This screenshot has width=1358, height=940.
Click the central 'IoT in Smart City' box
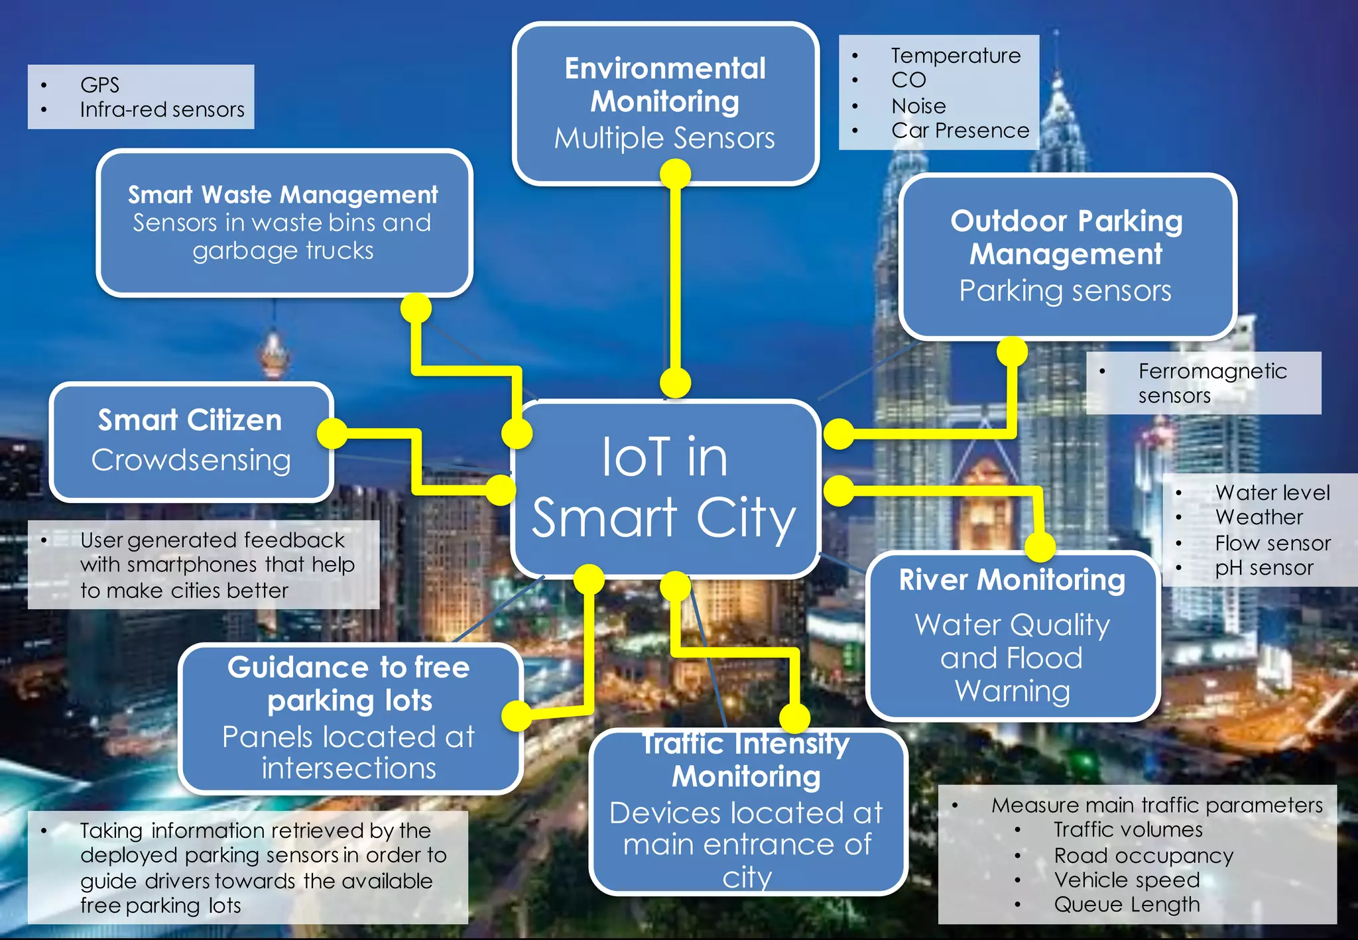[x=665, y=488]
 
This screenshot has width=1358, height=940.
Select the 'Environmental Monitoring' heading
[x=665, y=85]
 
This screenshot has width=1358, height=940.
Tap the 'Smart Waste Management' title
[x=283, y=195]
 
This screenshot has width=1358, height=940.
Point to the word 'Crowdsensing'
[x=191, y=460]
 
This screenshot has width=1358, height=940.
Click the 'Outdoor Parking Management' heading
[x=1066, y=237]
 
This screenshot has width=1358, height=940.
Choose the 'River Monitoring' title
[x=1012, y=580]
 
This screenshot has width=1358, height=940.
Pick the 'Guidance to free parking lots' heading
[x=349, y=683]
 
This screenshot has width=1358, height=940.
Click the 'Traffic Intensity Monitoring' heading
[x=746, y=760]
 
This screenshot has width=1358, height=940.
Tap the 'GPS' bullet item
[x=99, y=85]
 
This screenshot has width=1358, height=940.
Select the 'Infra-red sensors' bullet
[x=162, y=109]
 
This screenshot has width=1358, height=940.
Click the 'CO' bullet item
[x=908, y=80]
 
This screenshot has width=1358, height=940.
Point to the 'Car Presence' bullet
[x=959, y=131]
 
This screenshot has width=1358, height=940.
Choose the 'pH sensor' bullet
[x=1264, y=568]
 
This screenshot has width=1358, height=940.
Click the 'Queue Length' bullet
[x=1127, y=904]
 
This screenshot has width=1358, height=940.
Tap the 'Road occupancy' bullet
[x=1143, y=855]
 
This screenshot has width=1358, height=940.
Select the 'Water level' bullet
[x=1272, y=493]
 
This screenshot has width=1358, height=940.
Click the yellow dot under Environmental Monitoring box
[x=676, y=174]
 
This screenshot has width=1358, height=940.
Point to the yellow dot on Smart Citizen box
[x=332, y=434]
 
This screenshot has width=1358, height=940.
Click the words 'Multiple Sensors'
[x=664, y=139]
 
